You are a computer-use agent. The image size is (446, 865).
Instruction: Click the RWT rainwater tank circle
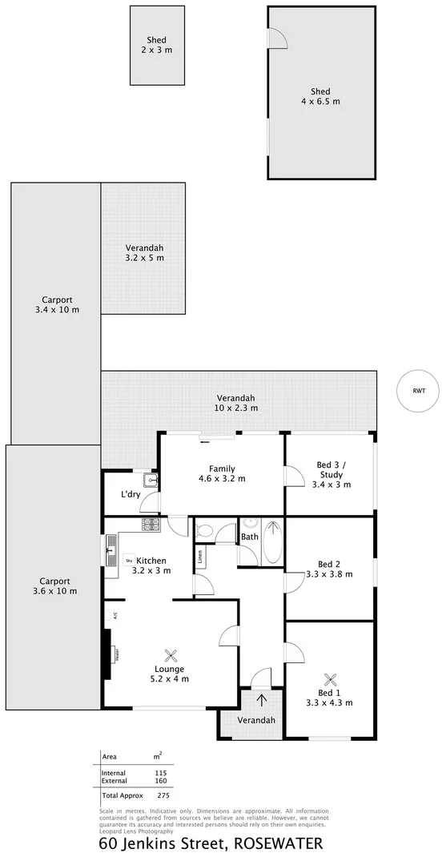(x=419, y=391)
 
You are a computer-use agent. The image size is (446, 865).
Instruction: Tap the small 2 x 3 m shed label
(x=157, y=45)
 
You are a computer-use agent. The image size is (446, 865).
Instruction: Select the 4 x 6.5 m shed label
(x=320, y=96)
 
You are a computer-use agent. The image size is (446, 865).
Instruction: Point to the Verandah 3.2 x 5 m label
(x=144, y=252)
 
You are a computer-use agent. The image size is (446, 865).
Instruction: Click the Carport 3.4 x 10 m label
(x=57, y=304)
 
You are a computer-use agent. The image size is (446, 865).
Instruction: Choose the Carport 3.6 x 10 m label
(x=55, y=586)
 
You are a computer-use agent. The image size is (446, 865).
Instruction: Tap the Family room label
(x=222, y=473)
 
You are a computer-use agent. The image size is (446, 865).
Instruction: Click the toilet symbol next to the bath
(x=204, y=530)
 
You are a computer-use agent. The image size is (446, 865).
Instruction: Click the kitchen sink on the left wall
(x=110, y=549)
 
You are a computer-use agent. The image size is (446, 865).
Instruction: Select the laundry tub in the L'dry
(x=150, y=481)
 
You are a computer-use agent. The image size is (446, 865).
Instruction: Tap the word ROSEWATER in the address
(x=279, y=844)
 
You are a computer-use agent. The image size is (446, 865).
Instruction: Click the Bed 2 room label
(x=329, y=569)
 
